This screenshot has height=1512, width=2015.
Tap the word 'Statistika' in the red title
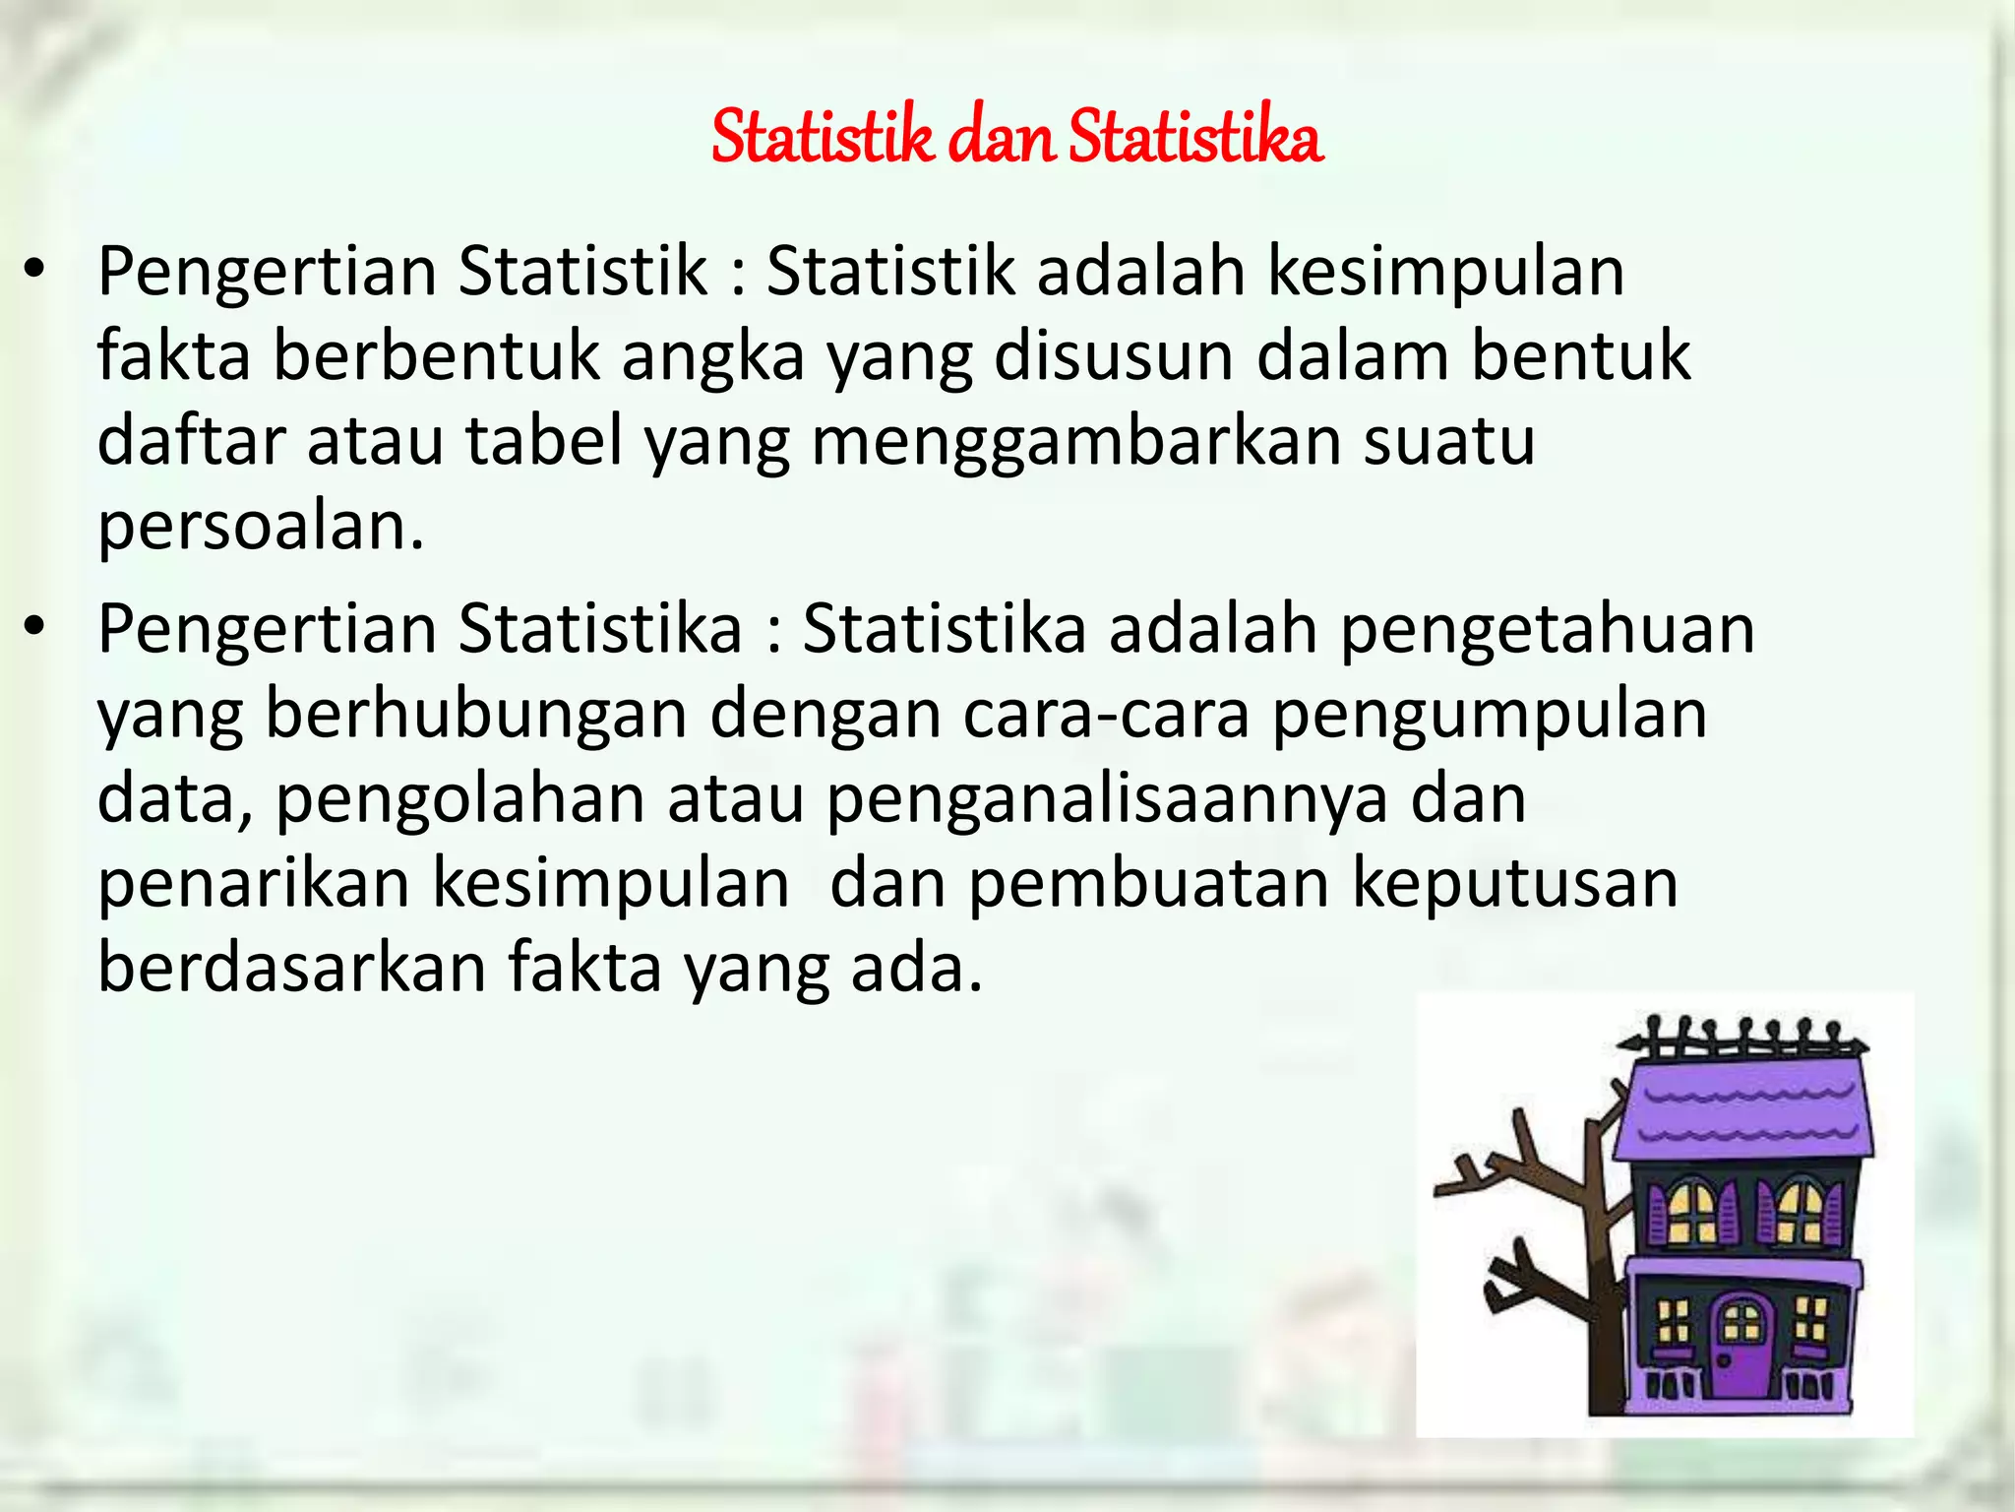[1195, 138]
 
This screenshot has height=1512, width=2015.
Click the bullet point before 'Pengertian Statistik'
[35, 273]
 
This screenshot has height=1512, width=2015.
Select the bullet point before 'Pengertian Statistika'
[35, 630]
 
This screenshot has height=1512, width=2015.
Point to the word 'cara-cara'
[1106, 715]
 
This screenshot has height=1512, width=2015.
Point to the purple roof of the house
[1746, 1112]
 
